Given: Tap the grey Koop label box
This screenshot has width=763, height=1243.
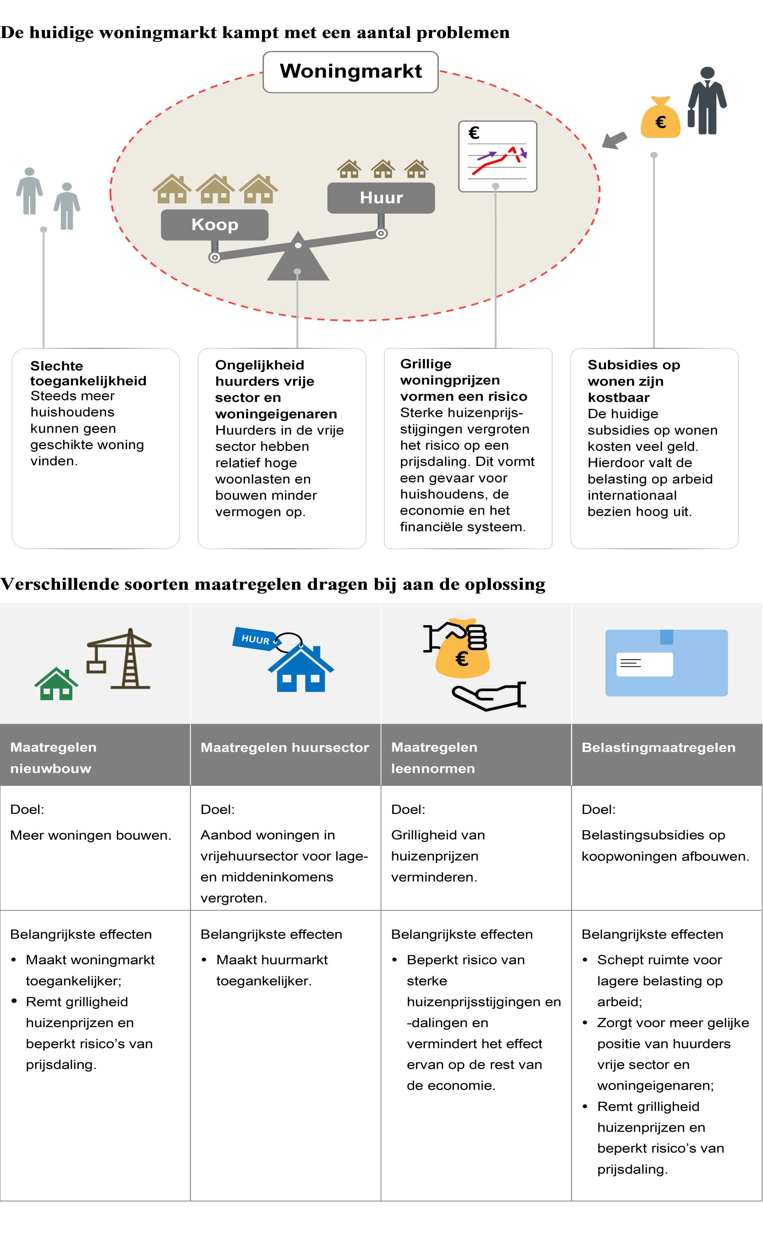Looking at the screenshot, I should [215, 225].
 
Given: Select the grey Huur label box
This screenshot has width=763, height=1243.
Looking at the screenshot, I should [381, 198].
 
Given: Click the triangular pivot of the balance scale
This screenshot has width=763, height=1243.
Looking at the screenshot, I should [298, 260].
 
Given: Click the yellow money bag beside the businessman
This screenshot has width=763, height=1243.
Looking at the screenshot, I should [660, 118].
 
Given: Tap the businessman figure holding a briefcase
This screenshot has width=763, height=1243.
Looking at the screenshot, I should [707, 101].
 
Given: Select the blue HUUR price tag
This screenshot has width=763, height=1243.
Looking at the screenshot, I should [254, 639].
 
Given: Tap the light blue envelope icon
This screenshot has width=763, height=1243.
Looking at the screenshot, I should [666, 663].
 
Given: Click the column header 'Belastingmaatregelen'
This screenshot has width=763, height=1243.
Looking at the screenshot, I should [658, 747].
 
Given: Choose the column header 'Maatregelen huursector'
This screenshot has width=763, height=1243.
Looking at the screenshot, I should [285, 747].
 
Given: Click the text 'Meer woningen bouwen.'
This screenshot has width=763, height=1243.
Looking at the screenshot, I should [91, 835].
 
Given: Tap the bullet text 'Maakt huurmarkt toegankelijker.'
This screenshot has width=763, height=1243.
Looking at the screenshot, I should [272, 970].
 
